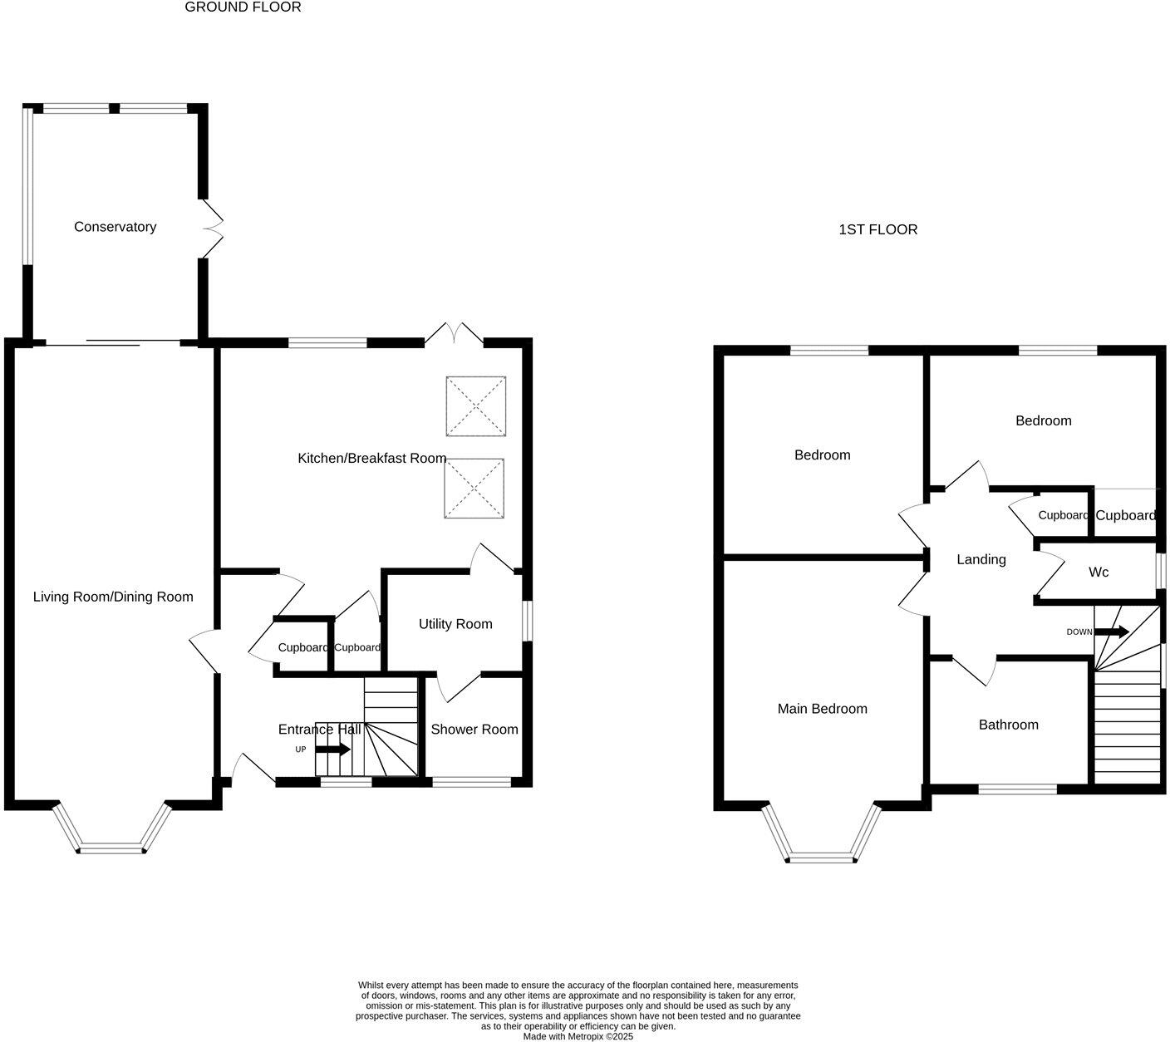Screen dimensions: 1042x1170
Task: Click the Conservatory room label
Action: pos(115,227)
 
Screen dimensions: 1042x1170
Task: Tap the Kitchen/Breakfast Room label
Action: pos(371,458)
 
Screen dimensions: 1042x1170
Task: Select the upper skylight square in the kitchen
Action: pos(475,406)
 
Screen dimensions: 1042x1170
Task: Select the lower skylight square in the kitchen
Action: pos(474,489)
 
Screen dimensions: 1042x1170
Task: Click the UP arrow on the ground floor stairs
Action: pos(332,749)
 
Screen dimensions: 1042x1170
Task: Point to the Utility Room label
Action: pos(455,624)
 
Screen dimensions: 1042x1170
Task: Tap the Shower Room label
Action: pos(474,729)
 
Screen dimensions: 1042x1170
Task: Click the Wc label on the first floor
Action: pos(1099,573)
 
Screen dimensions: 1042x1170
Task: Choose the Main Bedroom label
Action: pos(822,709)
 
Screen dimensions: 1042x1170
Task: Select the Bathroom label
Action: pos(1008,725)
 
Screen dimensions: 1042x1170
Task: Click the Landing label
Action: pos(981,560)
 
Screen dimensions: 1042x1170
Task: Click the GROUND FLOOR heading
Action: pos(243,7)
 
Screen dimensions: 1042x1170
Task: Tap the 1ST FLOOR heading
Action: pos(878,229)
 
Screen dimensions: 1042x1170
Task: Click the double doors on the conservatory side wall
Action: pos(214,229)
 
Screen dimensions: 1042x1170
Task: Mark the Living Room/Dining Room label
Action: pos(113,597)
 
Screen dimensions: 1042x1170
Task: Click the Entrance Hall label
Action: pos(319,730)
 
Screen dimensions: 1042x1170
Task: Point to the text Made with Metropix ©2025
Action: pos(578,1036)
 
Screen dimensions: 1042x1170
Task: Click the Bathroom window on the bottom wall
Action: pos(1017,789)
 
